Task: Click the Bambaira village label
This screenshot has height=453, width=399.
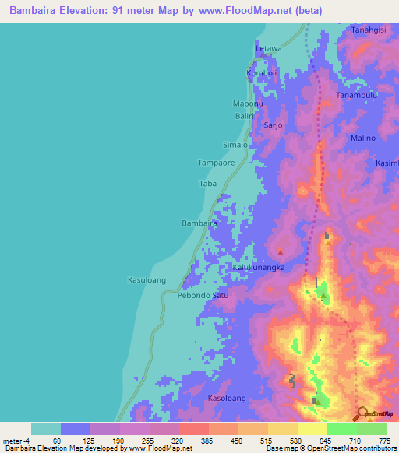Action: point(199,223)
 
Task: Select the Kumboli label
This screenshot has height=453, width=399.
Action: point(262,73)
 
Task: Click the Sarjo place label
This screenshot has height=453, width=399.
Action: point(272,125)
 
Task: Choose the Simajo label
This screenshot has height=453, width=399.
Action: point(235,145)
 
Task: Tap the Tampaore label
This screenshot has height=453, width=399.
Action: point(216,163)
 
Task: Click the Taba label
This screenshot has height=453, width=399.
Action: point(207,184)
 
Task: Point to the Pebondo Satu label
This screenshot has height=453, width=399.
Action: point(203,295)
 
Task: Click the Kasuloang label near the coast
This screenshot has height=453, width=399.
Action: point(147,279)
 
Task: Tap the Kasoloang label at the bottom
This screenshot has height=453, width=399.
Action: point(227,398)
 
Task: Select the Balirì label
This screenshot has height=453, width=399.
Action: point(245,116)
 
